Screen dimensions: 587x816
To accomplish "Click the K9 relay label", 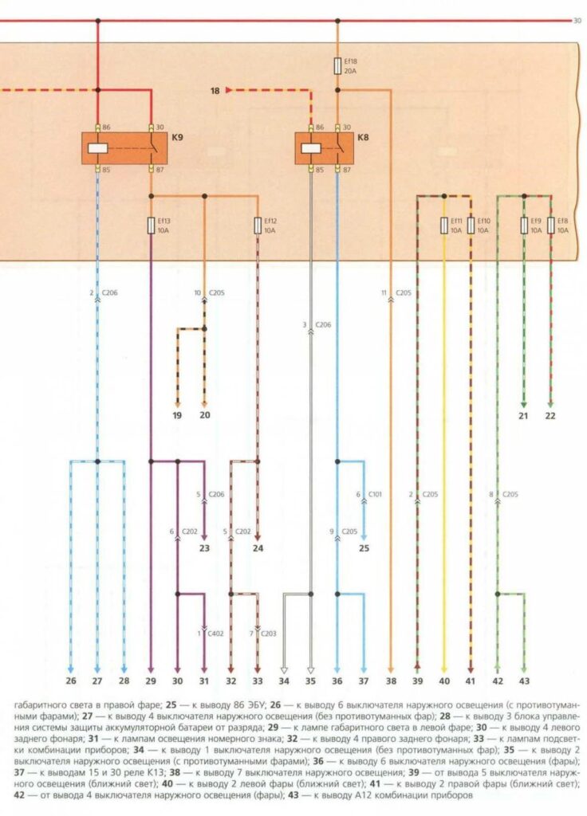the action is [177, 138].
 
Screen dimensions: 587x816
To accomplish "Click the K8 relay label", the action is [363, 138].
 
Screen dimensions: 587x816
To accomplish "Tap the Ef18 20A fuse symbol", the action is [337, 65].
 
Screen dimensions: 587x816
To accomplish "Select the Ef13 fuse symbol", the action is [151, 226].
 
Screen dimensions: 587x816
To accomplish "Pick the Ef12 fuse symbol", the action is [258, 226].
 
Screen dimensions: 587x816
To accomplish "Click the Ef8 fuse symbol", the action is [550, 226].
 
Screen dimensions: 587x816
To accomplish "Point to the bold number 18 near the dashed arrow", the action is [215, 91].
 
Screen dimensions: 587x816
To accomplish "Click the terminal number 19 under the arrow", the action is [177, 415].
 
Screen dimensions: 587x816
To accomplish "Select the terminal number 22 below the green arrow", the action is [550, 416].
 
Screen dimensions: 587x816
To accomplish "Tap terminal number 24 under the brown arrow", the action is [258, 548].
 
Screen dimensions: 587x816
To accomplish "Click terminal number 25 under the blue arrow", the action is [364, 548].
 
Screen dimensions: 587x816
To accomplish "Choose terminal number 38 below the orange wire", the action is [391, 681].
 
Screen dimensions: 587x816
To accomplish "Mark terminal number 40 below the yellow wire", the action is [444, 681].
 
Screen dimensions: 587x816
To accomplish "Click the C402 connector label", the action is [215, 634].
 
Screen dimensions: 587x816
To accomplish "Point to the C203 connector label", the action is [269, 634].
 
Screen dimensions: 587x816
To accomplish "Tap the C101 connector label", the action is [375, 494].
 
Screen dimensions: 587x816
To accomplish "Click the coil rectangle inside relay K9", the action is [98, 148].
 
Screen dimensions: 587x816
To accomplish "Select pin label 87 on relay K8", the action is [347, 171].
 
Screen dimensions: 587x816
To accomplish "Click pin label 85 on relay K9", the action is [107, 171].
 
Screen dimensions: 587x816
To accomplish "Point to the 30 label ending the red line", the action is [577, 21].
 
